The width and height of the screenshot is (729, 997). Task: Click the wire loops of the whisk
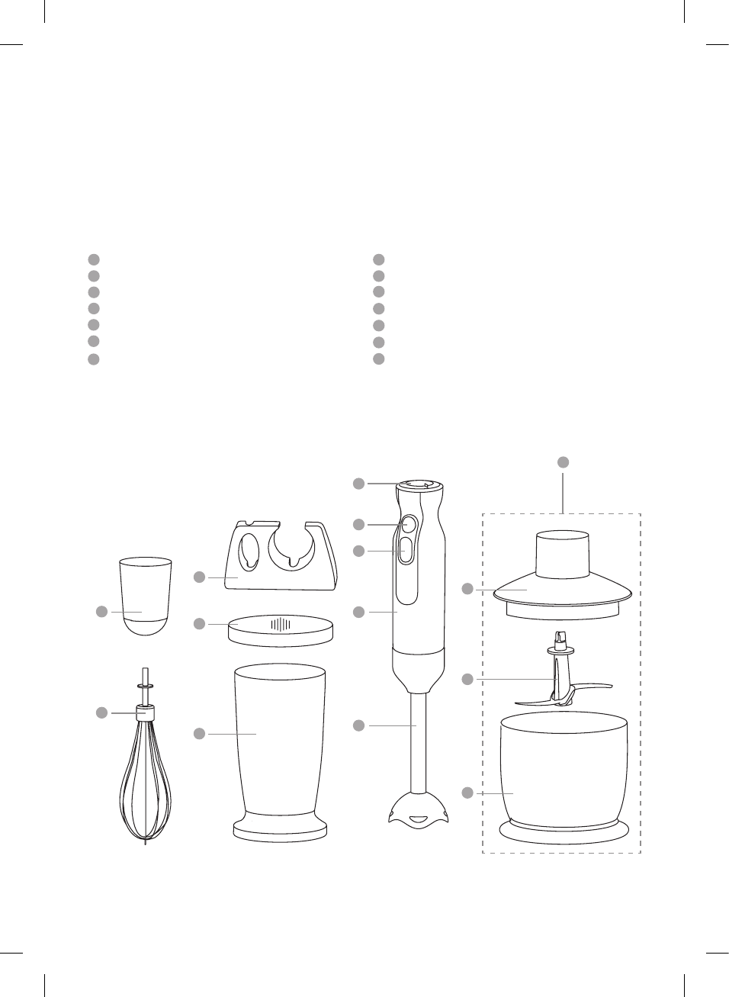pos(145,786)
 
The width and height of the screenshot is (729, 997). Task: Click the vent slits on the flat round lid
pos(280,625)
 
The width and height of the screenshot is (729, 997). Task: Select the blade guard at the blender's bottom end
pos(418,810)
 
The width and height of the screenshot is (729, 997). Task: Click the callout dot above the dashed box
pos(563,462)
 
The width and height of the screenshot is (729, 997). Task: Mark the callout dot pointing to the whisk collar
pos(101,712)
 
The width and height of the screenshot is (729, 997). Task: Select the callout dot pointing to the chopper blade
pos(467,679)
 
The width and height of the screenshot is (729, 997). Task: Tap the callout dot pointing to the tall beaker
pos(199,733)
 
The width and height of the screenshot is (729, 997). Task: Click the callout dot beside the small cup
pos(101,611)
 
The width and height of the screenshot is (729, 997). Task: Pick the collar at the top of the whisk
pos(145,712)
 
